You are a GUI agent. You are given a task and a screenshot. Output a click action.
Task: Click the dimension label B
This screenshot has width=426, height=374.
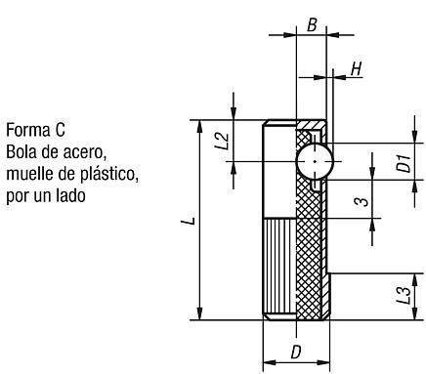[x=312, y=24]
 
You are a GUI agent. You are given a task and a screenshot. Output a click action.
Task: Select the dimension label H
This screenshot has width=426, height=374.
[x=357, y=69]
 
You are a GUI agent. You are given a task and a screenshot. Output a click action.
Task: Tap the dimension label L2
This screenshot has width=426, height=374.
[x=222, y=141]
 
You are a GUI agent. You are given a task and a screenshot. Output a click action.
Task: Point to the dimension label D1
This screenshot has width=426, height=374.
[x=404, y=164]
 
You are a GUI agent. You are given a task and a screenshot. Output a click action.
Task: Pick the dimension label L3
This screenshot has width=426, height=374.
[x=404, y=295]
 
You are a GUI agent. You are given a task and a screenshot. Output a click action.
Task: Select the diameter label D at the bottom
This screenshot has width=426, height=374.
[x=296, y=352]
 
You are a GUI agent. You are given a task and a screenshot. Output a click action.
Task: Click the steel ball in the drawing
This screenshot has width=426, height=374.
[x=315, y=161]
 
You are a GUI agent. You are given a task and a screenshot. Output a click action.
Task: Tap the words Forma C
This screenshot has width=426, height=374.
[x=36, y=130]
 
